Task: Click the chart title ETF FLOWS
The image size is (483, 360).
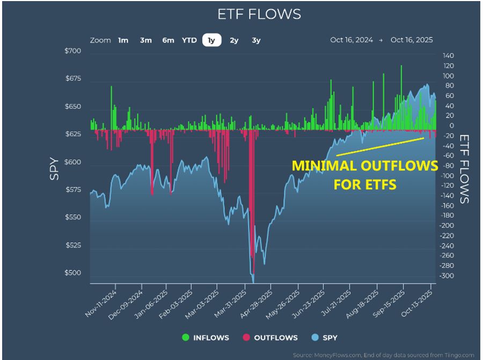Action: click(259, 14)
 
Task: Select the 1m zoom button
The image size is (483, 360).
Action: click(123, 40)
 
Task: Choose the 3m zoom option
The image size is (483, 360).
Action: click(145, 40)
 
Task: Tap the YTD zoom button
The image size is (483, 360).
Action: click(189, 40)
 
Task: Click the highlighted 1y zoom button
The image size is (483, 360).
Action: click(212, 40)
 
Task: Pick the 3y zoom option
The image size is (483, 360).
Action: click(256, 40)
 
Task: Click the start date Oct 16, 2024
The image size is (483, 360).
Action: click(351, 40)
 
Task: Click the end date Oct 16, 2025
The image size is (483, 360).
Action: click(412, 40)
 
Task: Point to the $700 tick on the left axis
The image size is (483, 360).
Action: click(74, 52)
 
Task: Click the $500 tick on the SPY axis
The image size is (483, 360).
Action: click(74, 273)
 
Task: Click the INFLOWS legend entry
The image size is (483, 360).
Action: click(206, 337)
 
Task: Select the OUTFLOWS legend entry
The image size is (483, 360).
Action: click(271, 337)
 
